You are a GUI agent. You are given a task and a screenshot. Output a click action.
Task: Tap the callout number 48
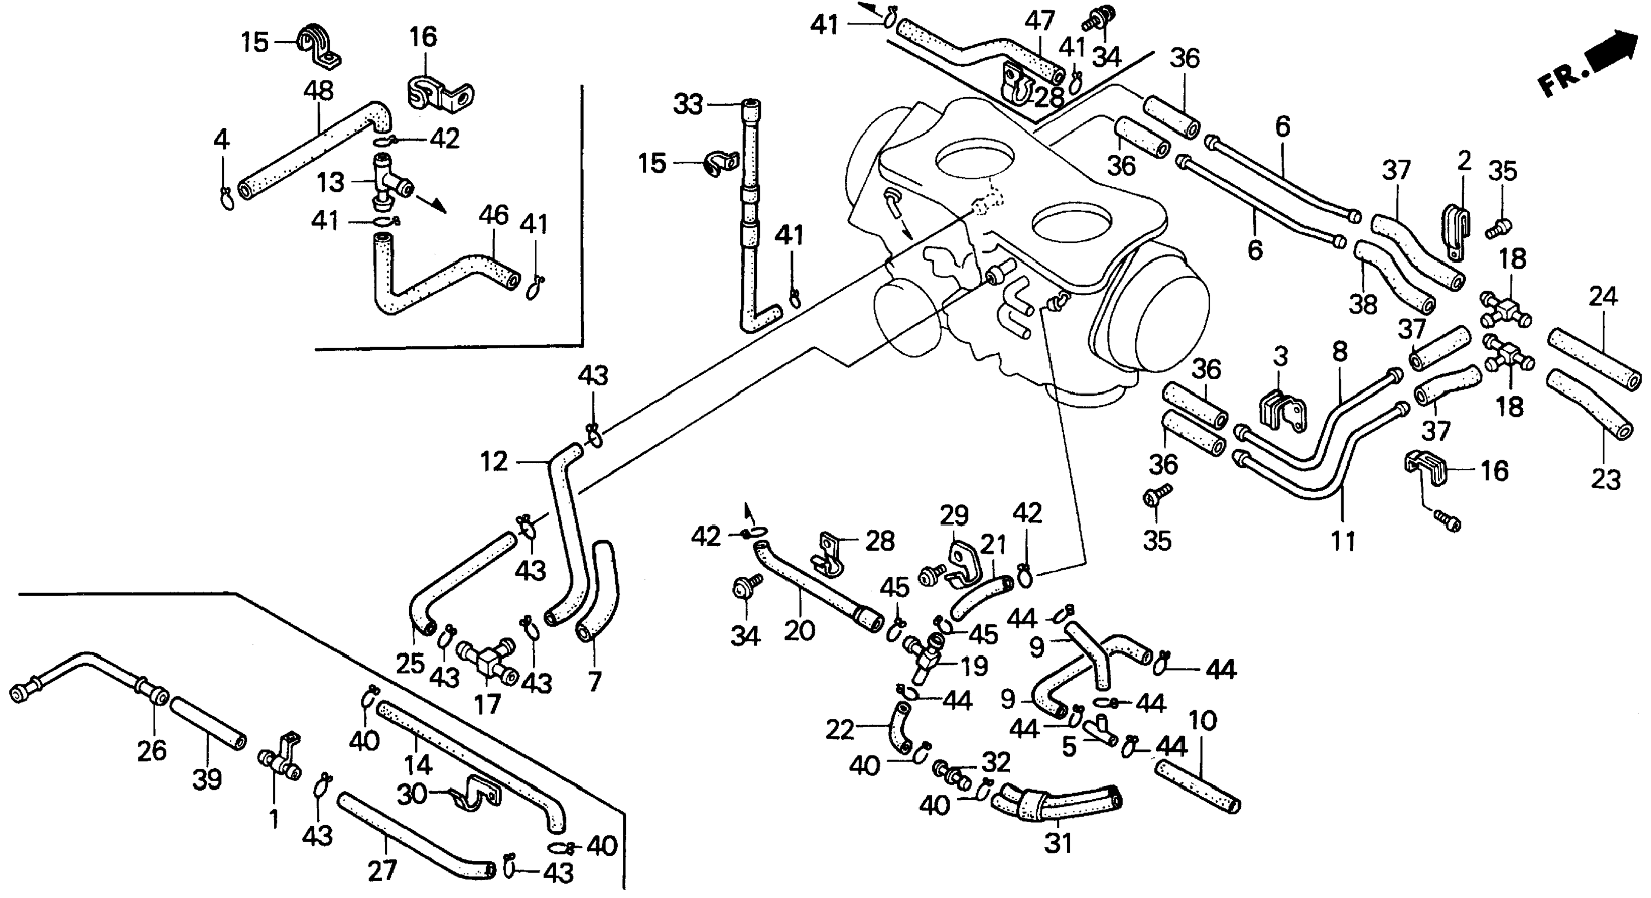[x=319, y=91]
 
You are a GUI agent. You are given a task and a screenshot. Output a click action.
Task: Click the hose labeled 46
[x=442, y=275]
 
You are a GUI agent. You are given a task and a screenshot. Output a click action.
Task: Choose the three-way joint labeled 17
[x=487, y=666]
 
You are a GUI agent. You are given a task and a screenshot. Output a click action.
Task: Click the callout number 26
[x=152, y=750]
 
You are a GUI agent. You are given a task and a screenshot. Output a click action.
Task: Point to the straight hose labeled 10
[x=1197, y=786]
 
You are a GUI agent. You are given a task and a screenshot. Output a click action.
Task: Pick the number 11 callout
[x=1344, y=542]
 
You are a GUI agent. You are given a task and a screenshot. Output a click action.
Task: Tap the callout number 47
[x=1040, y=21]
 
